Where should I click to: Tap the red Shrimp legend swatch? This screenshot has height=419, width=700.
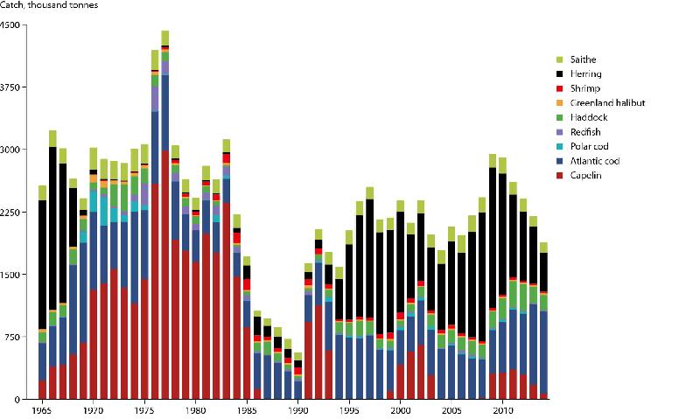tap(560, 88)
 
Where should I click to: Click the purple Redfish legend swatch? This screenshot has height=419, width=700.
tap(560, 132)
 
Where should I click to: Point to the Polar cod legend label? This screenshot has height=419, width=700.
tap(589, 146)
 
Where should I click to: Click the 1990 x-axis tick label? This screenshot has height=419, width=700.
tap(298, 409)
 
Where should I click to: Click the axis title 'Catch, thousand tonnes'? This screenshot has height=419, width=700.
tap(49, 5)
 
